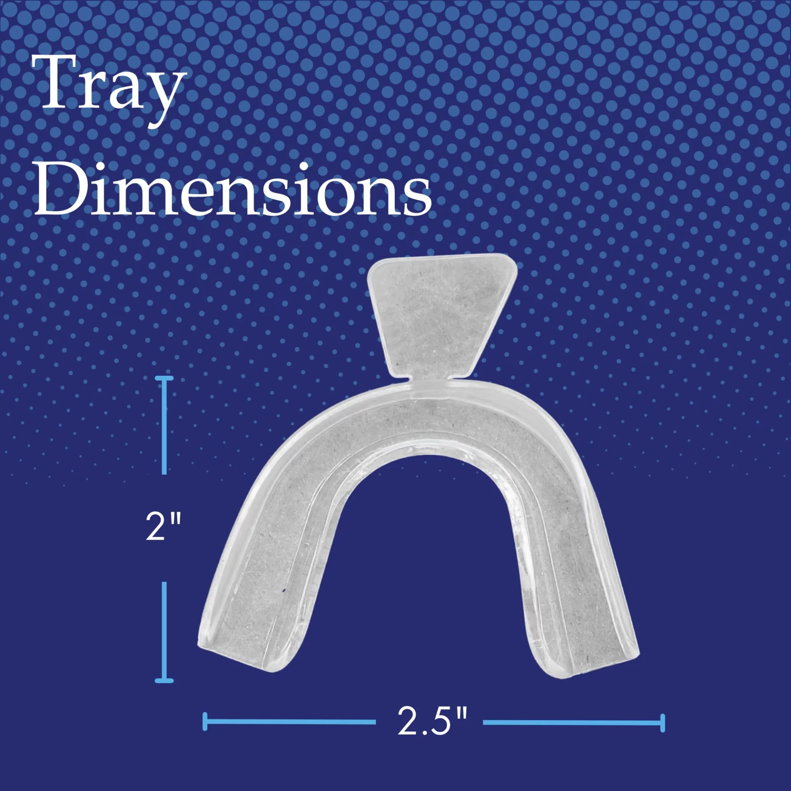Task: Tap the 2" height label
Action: click(x=163, y=527)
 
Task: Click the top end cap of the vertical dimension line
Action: click(x=164, y=378)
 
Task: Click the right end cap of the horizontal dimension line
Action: click(x=662, y=723)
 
